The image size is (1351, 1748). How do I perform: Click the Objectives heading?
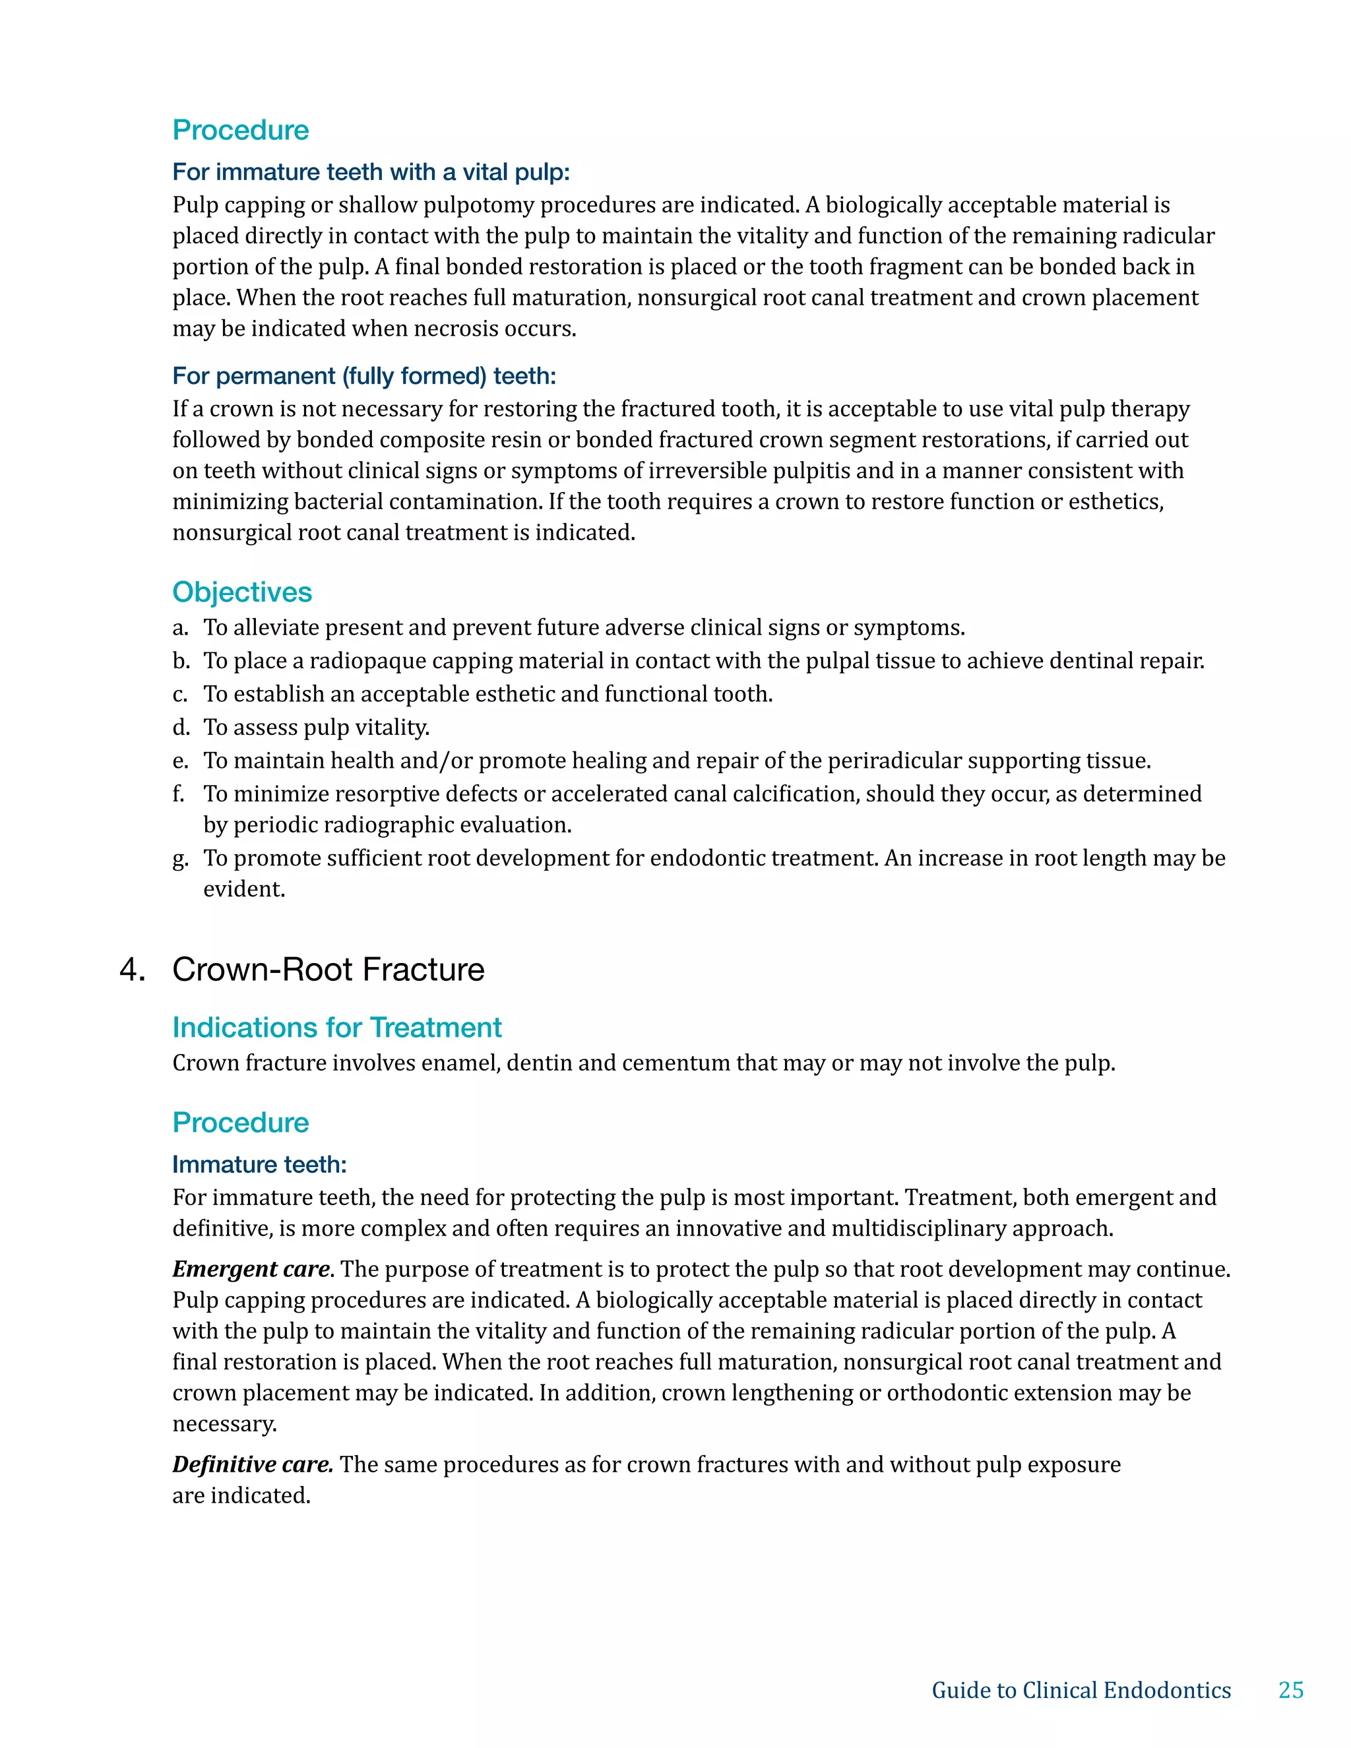click(241, 592)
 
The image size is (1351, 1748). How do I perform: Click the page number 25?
click(1290, 1689)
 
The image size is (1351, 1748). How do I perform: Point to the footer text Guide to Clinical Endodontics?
click(1081, 1689)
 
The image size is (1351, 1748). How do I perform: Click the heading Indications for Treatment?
click(337, 1027)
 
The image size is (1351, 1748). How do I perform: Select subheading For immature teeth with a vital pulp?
click(371, 172)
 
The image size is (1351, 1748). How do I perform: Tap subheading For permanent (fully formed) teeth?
click(363, 375)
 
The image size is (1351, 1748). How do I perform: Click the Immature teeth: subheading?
click(259, 1164)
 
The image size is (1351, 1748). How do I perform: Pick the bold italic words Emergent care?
click(251, 1269)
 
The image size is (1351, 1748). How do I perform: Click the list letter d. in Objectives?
click(181, 727)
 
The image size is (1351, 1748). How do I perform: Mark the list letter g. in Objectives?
click(181, 859)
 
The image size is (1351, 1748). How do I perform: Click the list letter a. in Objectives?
click(181, 627)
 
